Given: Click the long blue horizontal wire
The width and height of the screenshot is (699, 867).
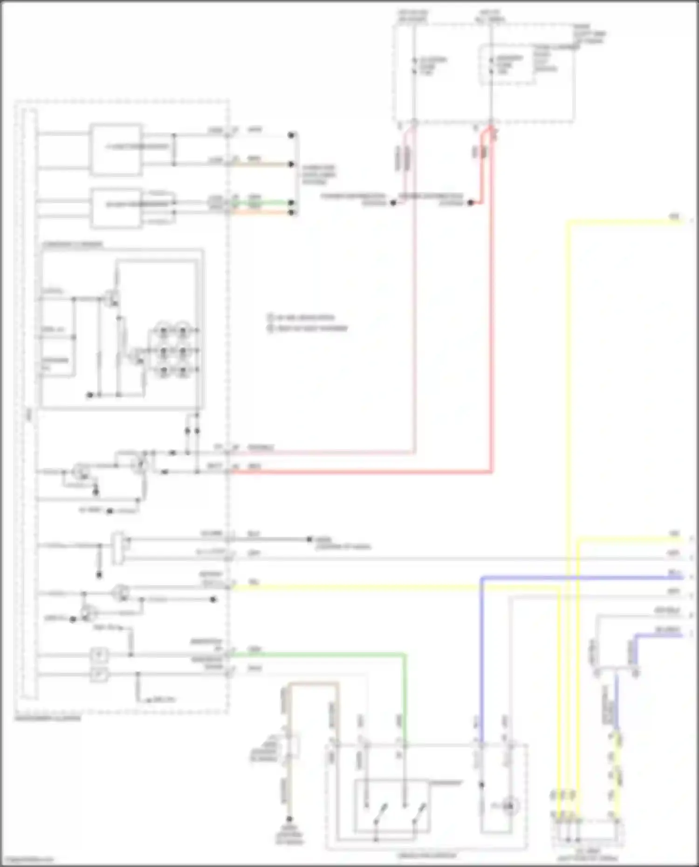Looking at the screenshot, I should pos(582,578).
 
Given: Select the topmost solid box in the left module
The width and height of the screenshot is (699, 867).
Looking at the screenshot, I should pos(116,150).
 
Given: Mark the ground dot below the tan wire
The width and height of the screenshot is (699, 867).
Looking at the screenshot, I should pos(289,819).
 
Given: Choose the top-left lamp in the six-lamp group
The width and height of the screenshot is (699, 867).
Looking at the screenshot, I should pos(164,331).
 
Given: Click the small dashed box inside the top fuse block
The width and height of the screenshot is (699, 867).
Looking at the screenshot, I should pos(507,65).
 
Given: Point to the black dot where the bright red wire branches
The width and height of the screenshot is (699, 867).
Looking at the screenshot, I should pos(471,203).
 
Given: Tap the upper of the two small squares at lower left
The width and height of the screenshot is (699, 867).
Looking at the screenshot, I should pos(99,655).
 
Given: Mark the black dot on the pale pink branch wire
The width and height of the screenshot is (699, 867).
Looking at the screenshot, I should pos(393,203).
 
